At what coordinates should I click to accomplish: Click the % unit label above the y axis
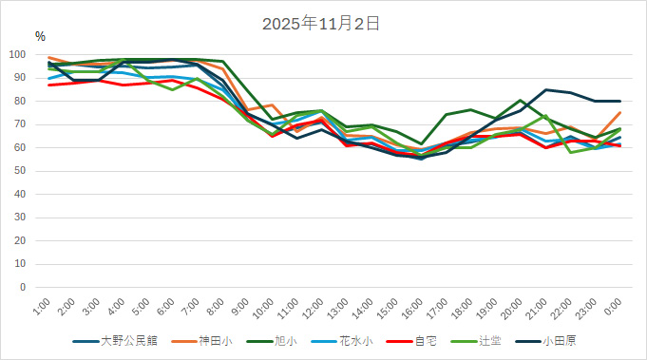[40, 36]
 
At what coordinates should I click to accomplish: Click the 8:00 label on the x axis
[217, 306]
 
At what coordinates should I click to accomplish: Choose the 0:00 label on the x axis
[613, 306]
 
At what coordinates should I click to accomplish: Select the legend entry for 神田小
[213, 340]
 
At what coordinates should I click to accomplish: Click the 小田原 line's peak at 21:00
[545, 90]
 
